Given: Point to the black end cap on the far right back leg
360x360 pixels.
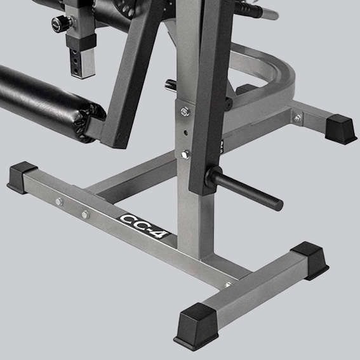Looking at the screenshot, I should click(340, 129).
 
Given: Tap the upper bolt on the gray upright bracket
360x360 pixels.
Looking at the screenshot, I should click(185, 112).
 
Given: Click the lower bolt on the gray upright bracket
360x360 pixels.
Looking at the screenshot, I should click(185, 154).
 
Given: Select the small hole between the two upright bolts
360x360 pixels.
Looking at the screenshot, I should click(185, 133).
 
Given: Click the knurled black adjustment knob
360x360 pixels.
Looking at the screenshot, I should click(61, 23).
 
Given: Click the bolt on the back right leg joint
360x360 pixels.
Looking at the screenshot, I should click(297, 117).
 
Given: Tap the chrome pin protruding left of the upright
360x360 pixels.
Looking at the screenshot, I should click(170, 83).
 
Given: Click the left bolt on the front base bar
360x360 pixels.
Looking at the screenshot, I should click(58, 202).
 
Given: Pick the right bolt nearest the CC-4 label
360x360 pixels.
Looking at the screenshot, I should click(84, 215).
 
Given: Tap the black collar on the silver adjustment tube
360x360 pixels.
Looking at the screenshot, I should click(84, 40).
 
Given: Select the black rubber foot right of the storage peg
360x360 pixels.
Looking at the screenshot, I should click(311, 259).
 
